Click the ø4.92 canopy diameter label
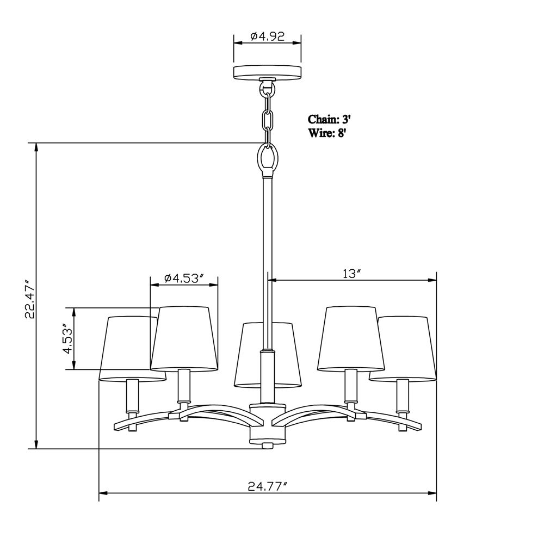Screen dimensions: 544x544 [267, 36]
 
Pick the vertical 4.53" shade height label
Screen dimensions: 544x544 [68, 338]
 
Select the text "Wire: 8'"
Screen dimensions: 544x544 [327, 133]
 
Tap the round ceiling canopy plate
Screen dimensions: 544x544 [267, 72]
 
